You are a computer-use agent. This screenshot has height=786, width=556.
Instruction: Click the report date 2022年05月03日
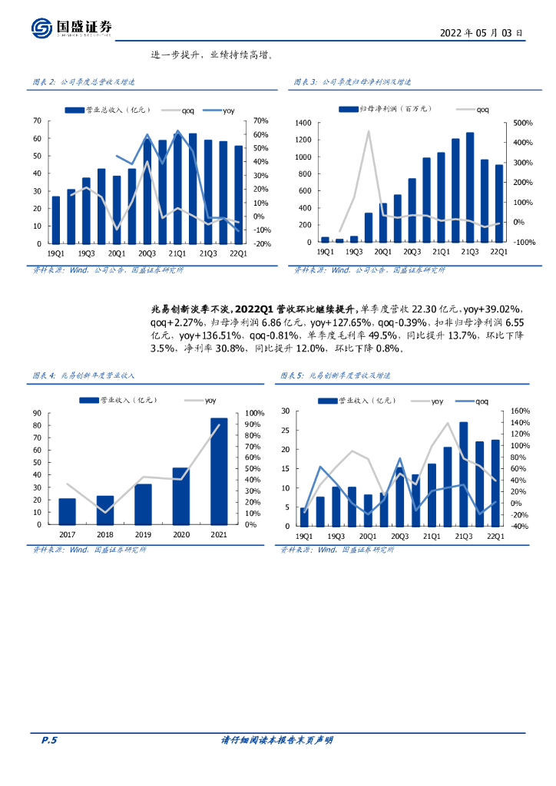[x=482, y=33]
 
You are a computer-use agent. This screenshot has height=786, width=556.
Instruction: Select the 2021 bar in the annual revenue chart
[x=218, y=471]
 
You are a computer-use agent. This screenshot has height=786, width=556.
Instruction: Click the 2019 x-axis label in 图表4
[x=143, y=534]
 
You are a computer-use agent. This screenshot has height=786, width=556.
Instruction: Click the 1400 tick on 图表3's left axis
[x=302, y=123]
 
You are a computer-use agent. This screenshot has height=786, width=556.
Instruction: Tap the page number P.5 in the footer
[x=49, y=740]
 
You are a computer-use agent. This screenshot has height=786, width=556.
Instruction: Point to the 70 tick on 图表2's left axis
[x=37, y=121]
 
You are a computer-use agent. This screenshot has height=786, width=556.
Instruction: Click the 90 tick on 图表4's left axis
[x=37, y=413]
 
